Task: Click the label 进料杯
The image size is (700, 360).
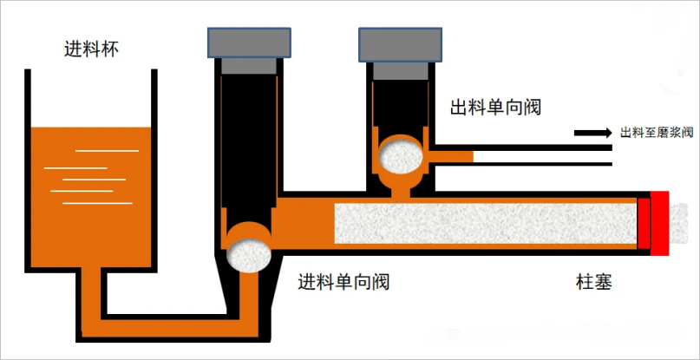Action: point(91,49)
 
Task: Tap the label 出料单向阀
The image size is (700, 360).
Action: point(500,108)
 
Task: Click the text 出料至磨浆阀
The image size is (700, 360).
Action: point(657,133)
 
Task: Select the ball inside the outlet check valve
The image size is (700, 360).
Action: point(403,158)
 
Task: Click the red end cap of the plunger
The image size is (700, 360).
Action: point(662,222)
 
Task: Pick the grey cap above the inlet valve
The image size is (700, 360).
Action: point(249,41)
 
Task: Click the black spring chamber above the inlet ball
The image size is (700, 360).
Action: point(249,139)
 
